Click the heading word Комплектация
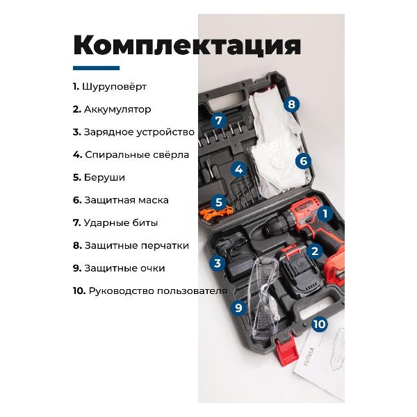[187, 45]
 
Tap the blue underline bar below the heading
[97, 68]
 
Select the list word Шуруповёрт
[115, 87]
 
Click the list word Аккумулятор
[117, 109]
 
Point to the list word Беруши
[104, 177]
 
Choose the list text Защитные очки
[124, 268]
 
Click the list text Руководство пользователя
[158, 291]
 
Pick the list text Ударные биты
[121, 223]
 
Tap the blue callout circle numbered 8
[291, 104]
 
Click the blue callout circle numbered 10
[320, 324]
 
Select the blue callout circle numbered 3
[218, 263]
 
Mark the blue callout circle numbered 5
[219, 202]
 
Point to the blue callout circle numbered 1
[325, 213]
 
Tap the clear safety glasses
[263, 298]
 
